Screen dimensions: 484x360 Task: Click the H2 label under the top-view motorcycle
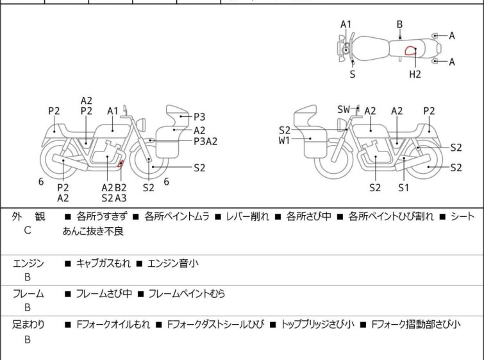point(415,74)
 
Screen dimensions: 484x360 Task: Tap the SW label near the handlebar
point(344,109)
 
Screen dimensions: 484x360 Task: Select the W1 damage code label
point(284,141)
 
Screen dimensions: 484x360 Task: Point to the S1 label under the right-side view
point(403,187)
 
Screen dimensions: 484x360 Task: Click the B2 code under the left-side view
point(121,187)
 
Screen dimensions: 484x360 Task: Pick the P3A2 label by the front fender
point(206,141)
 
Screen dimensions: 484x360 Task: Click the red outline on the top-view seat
point(410,51)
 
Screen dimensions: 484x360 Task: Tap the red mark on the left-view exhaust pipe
point(120,164)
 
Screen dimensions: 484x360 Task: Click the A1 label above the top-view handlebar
point(346,24)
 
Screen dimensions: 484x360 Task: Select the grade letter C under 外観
point(28,230)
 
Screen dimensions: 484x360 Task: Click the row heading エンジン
point(28,263)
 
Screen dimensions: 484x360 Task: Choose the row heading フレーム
point(28,293)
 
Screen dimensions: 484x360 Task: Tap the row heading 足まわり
point(28,325)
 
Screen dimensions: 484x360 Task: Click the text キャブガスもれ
point(103,264)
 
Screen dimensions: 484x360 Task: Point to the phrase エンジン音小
point(173,264)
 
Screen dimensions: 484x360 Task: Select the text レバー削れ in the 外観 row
point(247,216)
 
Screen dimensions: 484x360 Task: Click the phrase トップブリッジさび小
point(317,325)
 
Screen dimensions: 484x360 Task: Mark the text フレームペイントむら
point(187,293)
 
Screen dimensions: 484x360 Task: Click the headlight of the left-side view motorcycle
point(141,124)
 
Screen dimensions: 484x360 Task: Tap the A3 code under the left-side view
point(121,198)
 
